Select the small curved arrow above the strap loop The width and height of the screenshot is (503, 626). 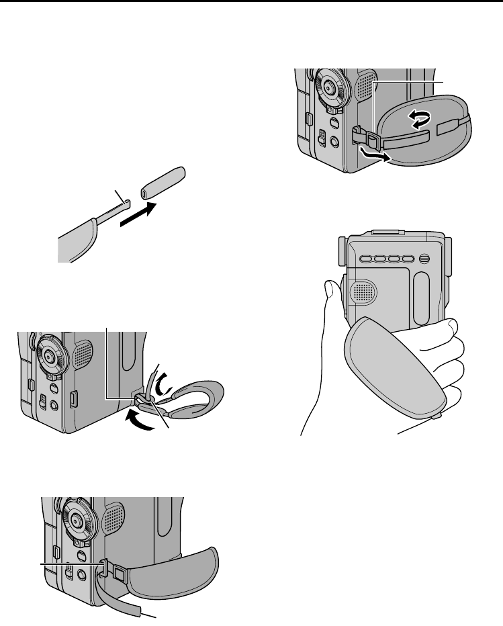tap(164, 384)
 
